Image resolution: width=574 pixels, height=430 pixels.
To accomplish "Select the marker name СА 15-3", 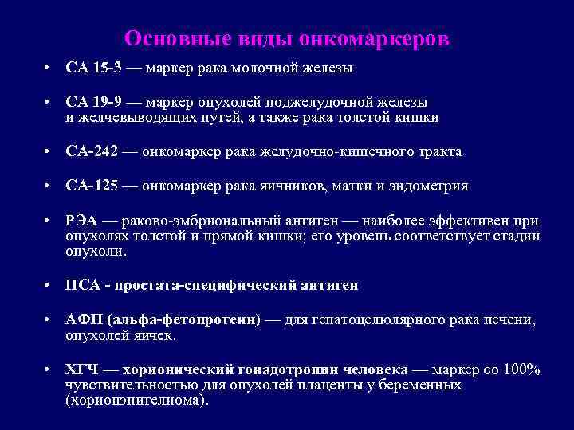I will pyautogui.click(x=94, y=68).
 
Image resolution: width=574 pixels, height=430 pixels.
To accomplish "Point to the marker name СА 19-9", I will pyautogui.click(x=94, y=102).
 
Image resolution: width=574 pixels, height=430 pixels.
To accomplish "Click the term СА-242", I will pyautogui.click(x=92, y=151).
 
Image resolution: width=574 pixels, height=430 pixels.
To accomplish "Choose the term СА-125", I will pyautogui.click(x=92, y=186).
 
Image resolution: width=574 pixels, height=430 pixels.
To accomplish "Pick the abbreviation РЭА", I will pyautogui.click(x=81, y=221).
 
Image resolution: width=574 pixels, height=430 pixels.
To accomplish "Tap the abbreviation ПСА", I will pyautogui.click(x=82, y=284).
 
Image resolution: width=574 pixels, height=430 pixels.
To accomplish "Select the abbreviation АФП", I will pyautogui.click(x=83, y=319).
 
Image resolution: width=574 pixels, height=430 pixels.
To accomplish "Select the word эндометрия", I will pyautogui.click(x=431, y=186).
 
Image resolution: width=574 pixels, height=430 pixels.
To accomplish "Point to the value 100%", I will pyautogui.click(x=523, y=370).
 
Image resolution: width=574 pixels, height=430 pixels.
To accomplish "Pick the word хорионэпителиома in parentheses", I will pyautogui.click(x=136, y=400).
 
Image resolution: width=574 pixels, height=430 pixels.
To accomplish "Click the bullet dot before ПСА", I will pyautogui.click(x=49, y=285).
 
